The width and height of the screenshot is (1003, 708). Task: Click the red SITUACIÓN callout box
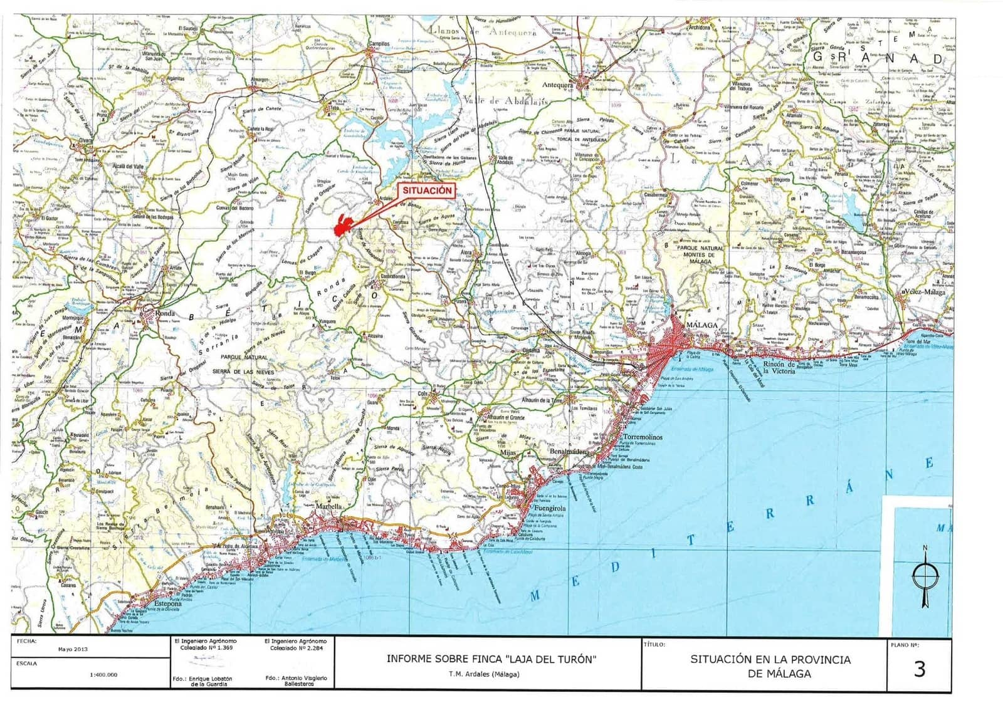click(x=427, y=190)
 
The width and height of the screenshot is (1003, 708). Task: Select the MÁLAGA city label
click(x=701, y=326)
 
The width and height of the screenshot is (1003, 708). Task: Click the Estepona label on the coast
click(x=167, y=605)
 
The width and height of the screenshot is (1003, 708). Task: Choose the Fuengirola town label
click(x=554, y=509)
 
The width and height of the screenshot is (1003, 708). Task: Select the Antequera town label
click(x=557, y=85)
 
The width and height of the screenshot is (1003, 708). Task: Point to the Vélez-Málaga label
click(x=927, y=293)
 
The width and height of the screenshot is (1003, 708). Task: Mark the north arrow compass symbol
click(x=925, y=575)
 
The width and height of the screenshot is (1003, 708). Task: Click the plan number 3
click(x=919, y=669)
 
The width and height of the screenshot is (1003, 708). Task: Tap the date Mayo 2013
click(x=73, y=649)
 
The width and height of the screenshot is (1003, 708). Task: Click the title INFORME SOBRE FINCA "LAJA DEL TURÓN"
click(x=491, y=659)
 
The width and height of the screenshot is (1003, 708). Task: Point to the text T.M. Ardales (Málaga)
click(x=483, y=675)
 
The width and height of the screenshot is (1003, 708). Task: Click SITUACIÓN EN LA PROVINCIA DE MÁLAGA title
click(x=770, y=666)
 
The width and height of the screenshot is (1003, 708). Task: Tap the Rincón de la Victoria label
click(x=778, y=367)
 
